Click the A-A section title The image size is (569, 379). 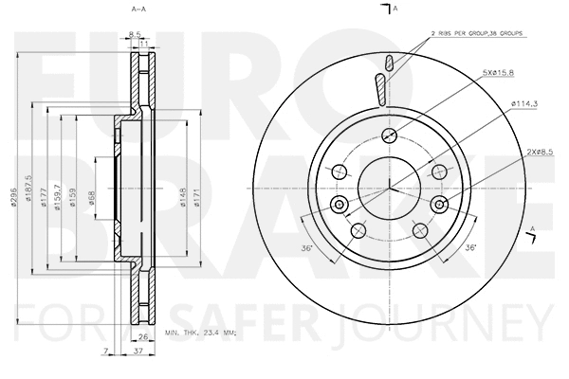[138, 10]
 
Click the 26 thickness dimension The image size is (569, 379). [143, 338]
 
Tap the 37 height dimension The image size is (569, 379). [139, 352]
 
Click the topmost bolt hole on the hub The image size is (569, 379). [390, 134]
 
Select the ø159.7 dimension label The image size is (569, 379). [56, 196]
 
